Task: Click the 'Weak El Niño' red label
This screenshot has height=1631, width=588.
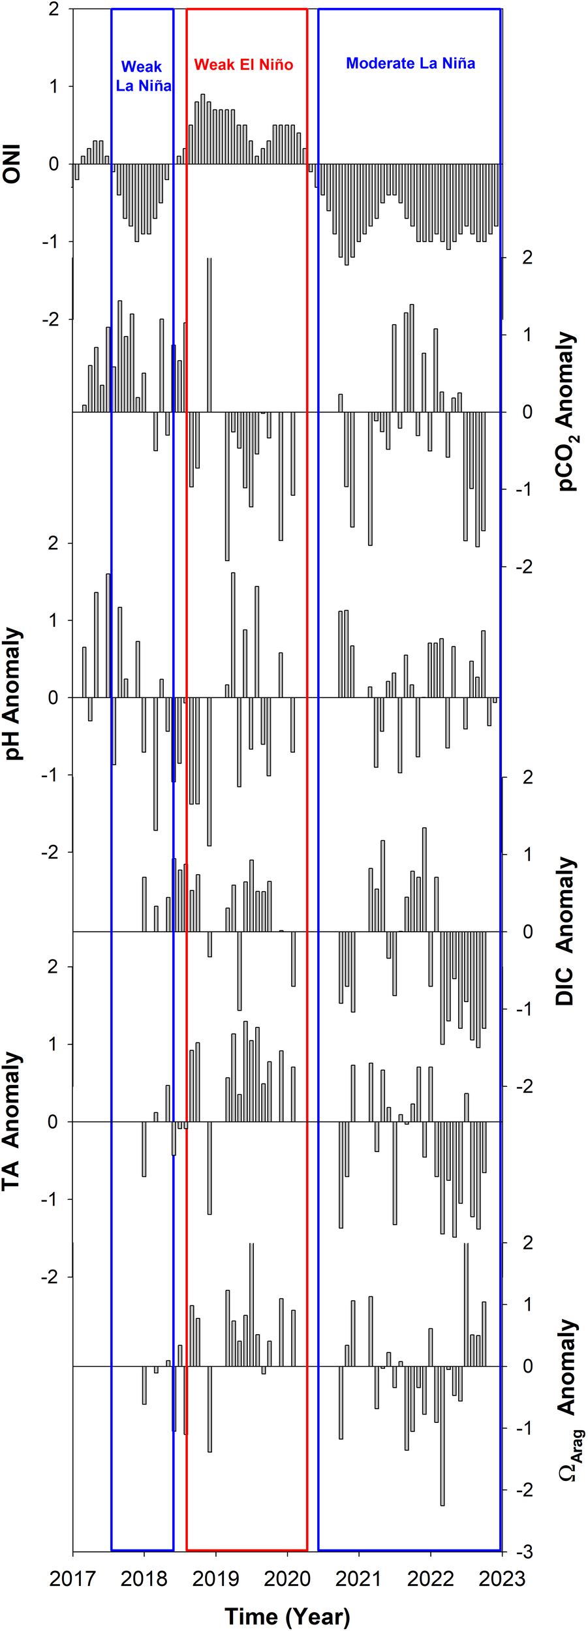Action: pyautogui.click(x=243, y=65)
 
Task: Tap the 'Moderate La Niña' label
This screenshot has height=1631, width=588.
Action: pyautogui.click(x=410, y=63)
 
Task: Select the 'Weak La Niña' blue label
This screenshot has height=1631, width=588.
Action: pyautogui.click(x=143, y=76)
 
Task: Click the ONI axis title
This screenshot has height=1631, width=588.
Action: pyautogui.click(x=12, y=164)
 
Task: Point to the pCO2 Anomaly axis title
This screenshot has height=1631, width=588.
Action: pyautogui.click(x=566, y=412)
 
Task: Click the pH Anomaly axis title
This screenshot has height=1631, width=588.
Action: pyautogui.click(x=12, y=694)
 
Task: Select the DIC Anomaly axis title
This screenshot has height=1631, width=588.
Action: pyautogui.click(x=565, y=931)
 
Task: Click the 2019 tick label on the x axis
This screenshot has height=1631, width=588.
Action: pyautogui.click(x=216, y=1579)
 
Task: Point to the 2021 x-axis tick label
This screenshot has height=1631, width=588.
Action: pyautogui.click(x=358, y=1579)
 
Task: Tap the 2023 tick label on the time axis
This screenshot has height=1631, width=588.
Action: pyautogui.click(x=501, y=1579)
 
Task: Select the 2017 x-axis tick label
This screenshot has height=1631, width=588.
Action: pyautogui.click(x=72, y=1579)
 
